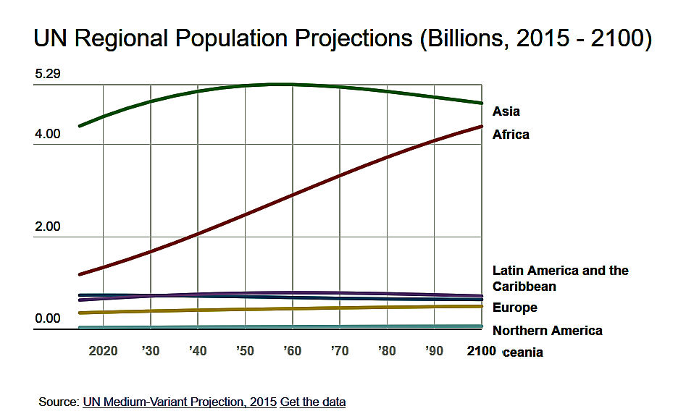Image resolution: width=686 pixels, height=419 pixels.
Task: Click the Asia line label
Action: [x=506, y=111]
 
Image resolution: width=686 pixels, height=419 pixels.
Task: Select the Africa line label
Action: [x=511, y=135]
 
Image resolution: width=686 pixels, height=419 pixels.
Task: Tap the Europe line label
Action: [x=514, y=308]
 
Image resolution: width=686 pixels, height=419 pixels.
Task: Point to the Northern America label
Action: [x=547, y=331]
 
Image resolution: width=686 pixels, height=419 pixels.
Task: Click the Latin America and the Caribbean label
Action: [x=560, y=279]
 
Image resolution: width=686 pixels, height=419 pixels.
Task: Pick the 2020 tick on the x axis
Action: [x=103, y=351]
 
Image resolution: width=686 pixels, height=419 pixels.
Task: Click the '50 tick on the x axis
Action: [x=245, y=351]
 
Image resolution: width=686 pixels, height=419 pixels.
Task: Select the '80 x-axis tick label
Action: [x=387, y=351]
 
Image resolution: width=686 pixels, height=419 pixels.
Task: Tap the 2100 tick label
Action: [x=481, y=351]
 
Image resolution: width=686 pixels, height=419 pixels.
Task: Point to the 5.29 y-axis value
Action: [x=47, y=75]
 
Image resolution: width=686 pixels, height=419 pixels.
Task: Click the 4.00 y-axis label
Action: [x=47, y=134]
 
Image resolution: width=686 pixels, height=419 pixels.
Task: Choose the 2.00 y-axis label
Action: [x=47, y=227]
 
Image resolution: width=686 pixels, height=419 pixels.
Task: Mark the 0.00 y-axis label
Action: [x=47, y=319]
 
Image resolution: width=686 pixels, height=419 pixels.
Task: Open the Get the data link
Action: [x=313, y=402]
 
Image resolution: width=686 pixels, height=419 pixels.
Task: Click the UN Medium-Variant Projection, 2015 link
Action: [x=180, y=402]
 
